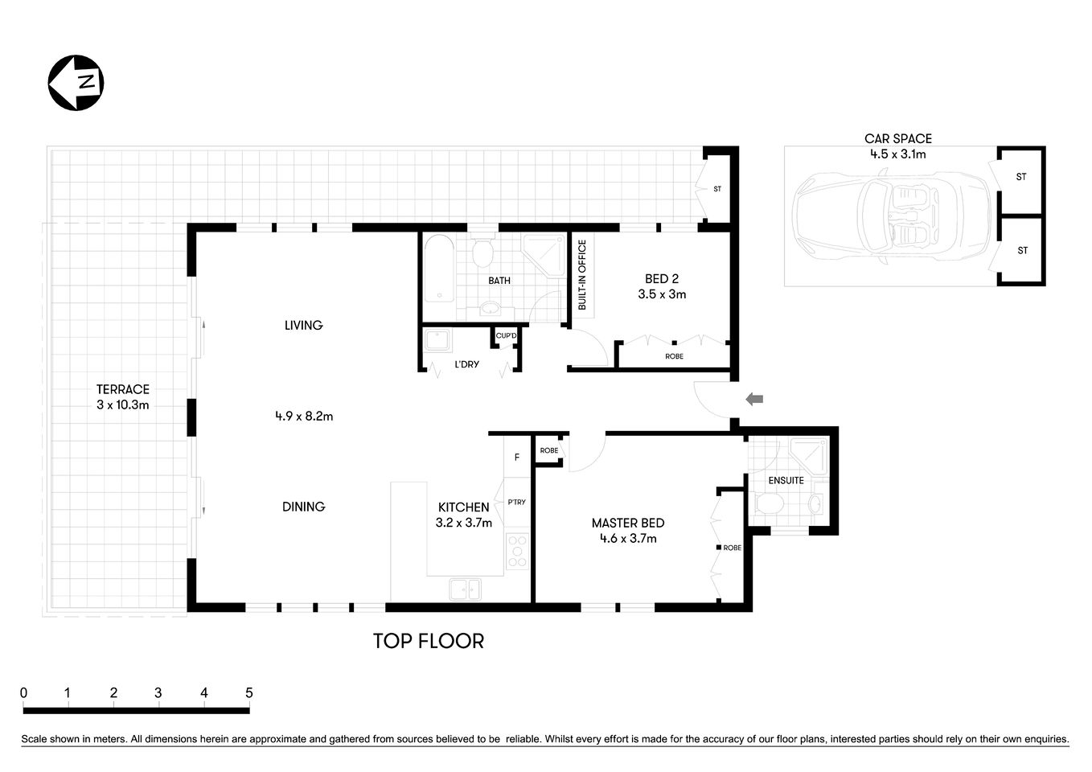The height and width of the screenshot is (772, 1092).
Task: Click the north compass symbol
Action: point(76,83)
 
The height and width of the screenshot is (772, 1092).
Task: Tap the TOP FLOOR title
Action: point(428,641)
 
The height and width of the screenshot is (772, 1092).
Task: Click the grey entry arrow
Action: point(754,399)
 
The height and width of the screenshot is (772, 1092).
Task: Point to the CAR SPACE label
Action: point(897,139)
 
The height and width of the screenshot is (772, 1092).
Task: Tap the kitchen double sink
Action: point(465,589)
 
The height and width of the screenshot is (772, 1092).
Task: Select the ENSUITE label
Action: point(786,480)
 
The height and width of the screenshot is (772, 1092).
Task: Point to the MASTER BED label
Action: point(627,523)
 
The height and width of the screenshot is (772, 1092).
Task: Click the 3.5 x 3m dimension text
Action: point(662,294)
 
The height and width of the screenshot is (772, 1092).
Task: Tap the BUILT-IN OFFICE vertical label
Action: point(582,275)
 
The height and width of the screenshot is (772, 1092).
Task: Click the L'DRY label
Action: point(466,364)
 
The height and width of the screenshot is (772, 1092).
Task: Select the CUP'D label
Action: point(507,335)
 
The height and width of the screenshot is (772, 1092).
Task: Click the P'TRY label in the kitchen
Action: point(516,502)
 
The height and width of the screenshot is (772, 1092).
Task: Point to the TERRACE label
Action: point(122,389)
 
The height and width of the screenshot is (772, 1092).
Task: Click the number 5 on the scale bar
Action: point(249,692)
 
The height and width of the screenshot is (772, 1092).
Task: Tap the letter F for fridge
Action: point(517,458)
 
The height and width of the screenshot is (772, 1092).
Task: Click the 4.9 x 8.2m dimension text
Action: point(303,416)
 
